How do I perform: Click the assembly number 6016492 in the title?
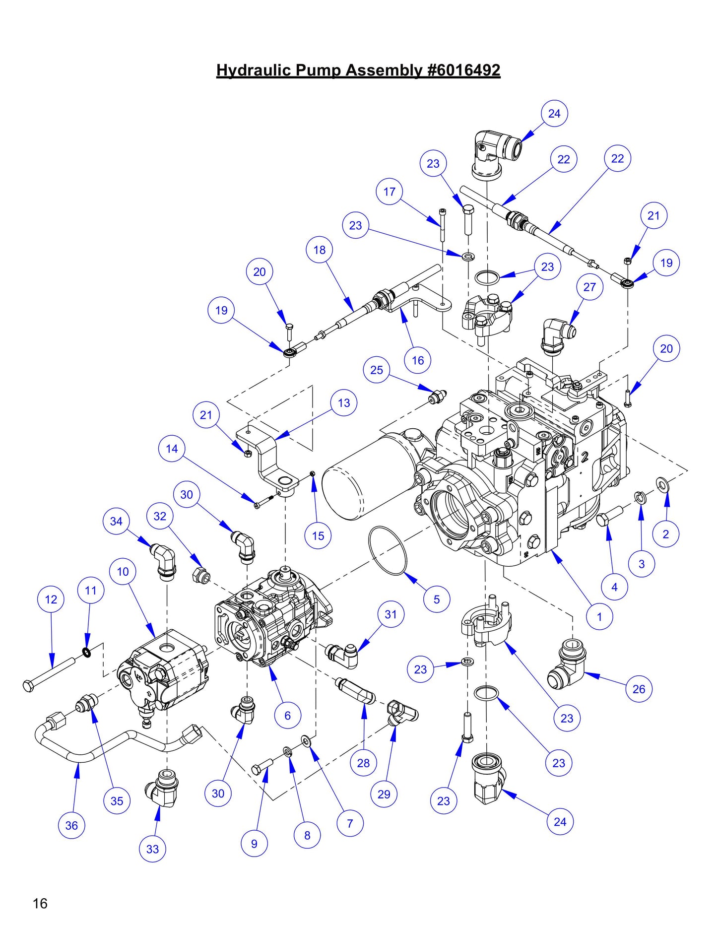click(464, 70)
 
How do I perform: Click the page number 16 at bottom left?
click(40, 903)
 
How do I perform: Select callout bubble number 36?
click(71, 825)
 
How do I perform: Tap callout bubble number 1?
click(599, 617)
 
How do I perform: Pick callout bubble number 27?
click(589, 287)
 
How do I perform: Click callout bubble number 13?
click(344, 403)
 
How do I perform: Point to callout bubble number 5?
click(437, 599)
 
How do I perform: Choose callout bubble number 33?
click(152, 849)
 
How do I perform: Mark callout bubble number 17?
click(390, 192)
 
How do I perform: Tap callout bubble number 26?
click(639, 689)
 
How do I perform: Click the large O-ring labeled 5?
click(388, 550)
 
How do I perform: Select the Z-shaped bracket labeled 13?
click(270, 459)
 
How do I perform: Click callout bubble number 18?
click(320, 250)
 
